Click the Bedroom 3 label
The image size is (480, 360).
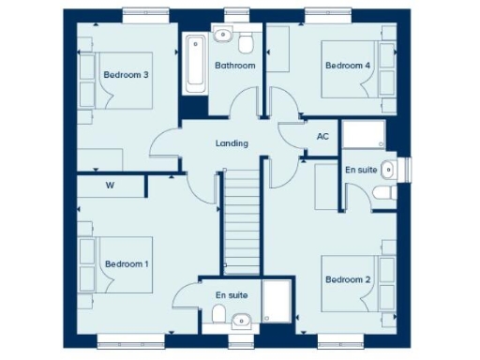coord(127,75)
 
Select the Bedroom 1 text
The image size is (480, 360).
coord(127,264)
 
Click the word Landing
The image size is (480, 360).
coord(232,143)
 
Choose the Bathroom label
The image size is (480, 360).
coord(234,66)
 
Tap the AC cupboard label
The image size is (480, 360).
coord(322,137)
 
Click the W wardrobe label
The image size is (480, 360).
coord(110,186)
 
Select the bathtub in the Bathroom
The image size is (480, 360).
coord(196,63)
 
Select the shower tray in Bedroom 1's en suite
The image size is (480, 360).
coord(278,305)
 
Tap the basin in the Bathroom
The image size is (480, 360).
coord(222,37)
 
